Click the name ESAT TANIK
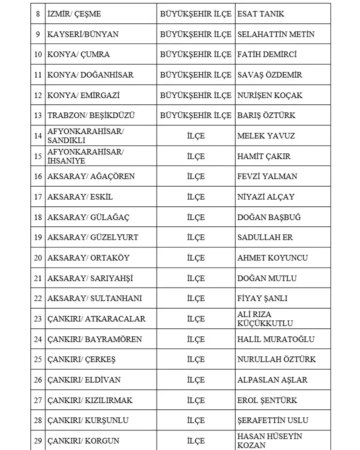coord(260,14)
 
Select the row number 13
coord(38,116)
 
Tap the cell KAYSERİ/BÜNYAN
coord(83,34)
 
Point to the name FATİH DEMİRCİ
coord(267,54)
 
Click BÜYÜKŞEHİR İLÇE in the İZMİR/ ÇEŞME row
coord(195,14)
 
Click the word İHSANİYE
coord(66,161)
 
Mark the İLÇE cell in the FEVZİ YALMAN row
coord(195,176)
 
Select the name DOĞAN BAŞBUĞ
coord(269,218)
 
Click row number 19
coord(38,238)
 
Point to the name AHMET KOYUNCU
coord(273,258)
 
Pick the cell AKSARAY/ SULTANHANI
coord(94,298)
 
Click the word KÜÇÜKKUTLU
coord(265,323)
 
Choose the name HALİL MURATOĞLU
coord(276,339)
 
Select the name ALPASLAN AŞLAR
coord(272,380)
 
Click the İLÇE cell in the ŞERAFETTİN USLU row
coord(195,421)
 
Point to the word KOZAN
coord(252,445)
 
